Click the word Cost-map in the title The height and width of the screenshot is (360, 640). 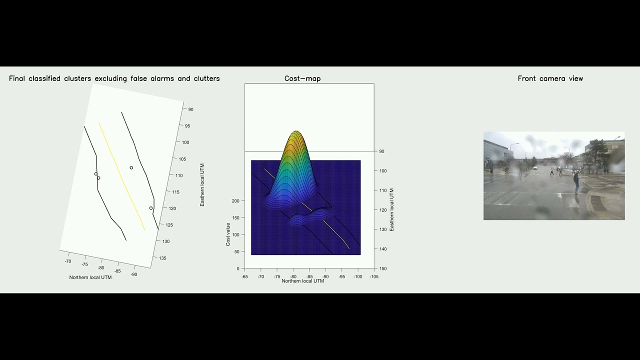(x=302, y=78)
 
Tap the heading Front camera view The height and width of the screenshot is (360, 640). (x=550, y=78)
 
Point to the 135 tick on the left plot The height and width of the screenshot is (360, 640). (x=162, y=258)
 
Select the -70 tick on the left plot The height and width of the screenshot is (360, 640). (x=68, y=261)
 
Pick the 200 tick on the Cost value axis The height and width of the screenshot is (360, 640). (x=235, y=201)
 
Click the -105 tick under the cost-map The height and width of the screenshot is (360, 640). (x=373, y=276)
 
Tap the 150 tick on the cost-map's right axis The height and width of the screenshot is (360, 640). (x=383, y=268)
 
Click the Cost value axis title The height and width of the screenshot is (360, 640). (x=228, y=234)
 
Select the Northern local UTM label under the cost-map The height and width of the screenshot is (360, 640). (x=302, y=281)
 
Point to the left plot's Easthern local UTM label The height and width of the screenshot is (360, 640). (x=202, y=185)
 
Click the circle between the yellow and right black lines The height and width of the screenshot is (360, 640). (x=131, y=168)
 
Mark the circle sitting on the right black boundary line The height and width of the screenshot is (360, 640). (x=151, y=208)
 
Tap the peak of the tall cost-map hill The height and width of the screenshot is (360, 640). (x=296, y=132)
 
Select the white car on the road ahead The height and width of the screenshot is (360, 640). (x=535, y=168)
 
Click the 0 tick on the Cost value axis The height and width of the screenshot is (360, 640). (x=237, y=268)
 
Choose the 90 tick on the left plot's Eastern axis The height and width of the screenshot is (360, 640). (x=190, y=109)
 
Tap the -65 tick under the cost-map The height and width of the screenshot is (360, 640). (x=244, y=276)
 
